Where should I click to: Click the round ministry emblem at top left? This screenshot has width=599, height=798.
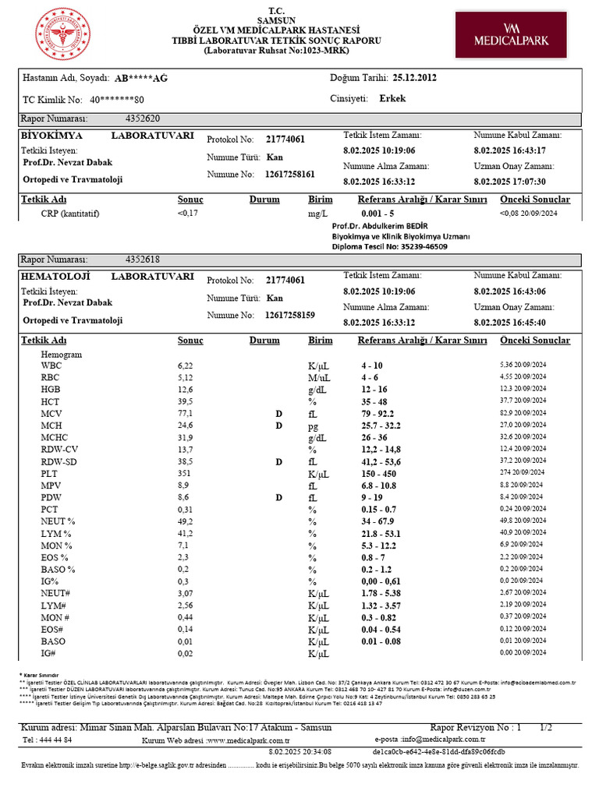point(63,35)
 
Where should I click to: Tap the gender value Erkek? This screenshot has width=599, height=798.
point(392,99)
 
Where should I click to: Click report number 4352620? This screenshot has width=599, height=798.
point(142,119)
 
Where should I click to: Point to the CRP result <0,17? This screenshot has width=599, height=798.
point(188,213)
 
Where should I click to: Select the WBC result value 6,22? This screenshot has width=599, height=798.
point(185,365)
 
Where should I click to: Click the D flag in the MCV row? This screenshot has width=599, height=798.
point(278,413)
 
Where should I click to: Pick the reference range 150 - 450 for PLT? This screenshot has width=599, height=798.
point(377,473)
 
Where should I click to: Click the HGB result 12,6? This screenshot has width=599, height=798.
point(185,390)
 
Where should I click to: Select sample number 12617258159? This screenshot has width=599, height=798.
point(290,316)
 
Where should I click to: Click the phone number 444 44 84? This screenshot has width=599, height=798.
point(54,740)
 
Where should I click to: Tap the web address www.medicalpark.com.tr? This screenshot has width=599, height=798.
point(249,740)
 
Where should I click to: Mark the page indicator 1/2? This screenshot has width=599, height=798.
point(545,727)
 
